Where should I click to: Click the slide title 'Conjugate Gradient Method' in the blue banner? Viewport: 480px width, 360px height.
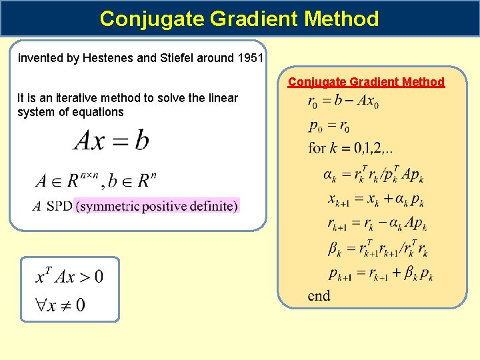pos(239,19)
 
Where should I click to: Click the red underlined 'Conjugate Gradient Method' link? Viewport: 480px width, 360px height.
pos(366,82)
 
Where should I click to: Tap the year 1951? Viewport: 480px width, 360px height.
pos(251,58)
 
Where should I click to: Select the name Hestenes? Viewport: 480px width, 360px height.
pos(109,58)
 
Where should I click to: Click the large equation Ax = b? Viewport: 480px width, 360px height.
pos(111,140)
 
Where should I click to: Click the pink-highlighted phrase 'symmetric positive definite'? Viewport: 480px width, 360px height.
pos(157,206)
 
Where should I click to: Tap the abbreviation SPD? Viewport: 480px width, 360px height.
pos(59,206)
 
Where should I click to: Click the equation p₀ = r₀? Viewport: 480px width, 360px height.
pos(329,125)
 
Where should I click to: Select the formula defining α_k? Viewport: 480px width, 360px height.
pos(373,175)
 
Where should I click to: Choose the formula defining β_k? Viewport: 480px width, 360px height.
pos(377,249)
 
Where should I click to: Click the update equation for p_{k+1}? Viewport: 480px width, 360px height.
pos(380,273)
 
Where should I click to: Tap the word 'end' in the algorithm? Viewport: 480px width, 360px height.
pos(319,295)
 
